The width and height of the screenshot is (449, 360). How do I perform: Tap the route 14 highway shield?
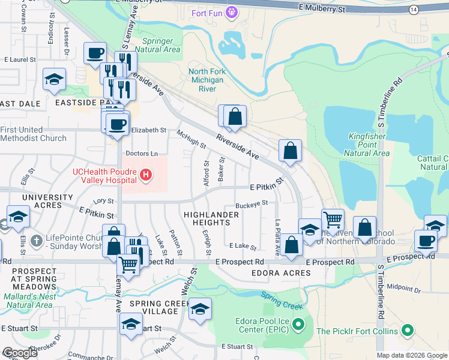click(414, 10)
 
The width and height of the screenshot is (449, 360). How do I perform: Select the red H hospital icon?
click(145, 175)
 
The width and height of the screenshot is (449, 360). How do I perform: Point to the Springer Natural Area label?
click(158, 45)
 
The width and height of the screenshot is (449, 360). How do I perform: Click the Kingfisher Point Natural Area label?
click(369, 145)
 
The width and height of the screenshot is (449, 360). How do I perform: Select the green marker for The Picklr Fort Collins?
click(408, 331)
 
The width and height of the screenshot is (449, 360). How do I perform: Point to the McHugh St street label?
click(191, 139)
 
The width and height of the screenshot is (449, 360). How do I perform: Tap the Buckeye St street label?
click(251, 204)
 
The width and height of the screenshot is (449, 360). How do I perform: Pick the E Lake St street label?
click(243, 247)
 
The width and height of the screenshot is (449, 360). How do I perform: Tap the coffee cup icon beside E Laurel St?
click(95, 53)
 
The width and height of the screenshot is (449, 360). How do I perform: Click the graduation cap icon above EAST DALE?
click(54, 79)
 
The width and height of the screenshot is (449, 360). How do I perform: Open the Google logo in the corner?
click(20, 353)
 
